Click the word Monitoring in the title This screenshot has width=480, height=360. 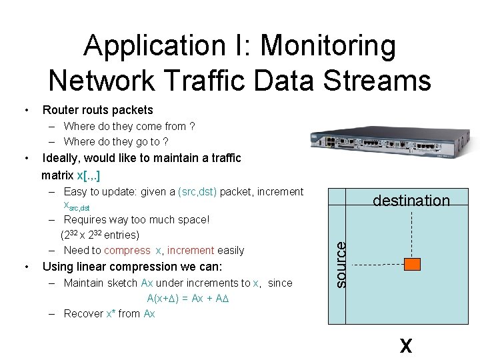click(x=328, y=47)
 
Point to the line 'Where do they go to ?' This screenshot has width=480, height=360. click(x=116, y=141)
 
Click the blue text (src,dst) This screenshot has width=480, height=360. click(x=197, y=192)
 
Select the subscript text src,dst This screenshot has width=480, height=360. click(x=77, y=207)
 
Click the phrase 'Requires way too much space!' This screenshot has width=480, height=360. click(x=137, y=219)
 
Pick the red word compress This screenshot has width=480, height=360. click(x=127, y=251)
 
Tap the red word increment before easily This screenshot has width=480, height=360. click(x=191, y=251)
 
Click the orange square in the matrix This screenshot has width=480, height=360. click(x=413, y=265)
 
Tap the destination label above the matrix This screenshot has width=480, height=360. click(x=411, y=201)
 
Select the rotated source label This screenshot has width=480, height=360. click(x=340, y=264)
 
